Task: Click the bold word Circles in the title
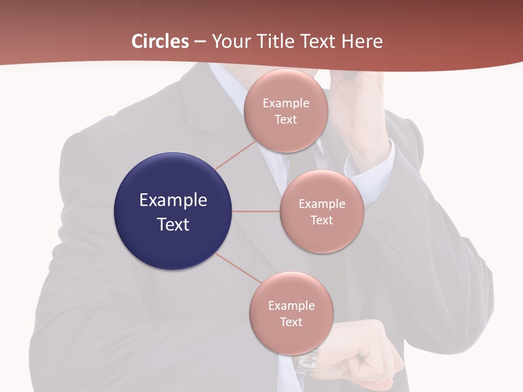pyautogui.click(x=160, y=41)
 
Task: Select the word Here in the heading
pyautogui.click(x=362, y=41)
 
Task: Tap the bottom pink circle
pyautogui.click(x=291, y=338)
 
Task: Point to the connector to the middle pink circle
pyautogui.click(x=256, y=211)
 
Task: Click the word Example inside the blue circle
pyautogui.click(x=173, y=200)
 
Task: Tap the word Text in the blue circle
pyautogui.click(x=173, y=224)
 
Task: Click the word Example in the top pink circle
pyautogui.click(x=286, y=103)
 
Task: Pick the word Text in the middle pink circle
pyautogui.click(x=321, y=220)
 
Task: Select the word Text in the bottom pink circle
pyautogui.click(x=291, y=322)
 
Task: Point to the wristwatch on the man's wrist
pyautogui.click(x=307, y=362)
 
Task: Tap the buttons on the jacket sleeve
pyautogui.click(x=394, y=237)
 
